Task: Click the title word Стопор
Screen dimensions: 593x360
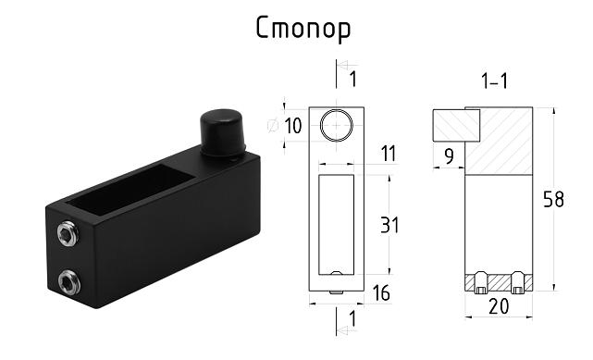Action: [303, 29]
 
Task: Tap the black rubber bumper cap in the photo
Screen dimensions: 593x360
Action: [222, 133]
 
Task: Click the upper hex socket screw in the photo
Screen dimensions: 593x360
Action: [68, 233]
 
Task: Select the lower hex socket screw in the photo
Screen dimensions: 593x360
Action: [69, 281]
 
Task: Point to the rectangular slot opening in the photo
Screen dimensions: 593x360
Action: [130, 189]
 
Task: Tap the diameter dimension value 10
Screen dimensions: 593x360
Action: [293, 126]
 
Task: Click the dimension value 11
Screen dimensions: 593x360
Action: [389, 154]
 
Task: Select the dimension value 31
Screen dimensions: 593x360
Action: [389, 225]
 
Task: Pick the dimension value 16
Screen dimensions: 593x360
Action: [381, 293]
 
